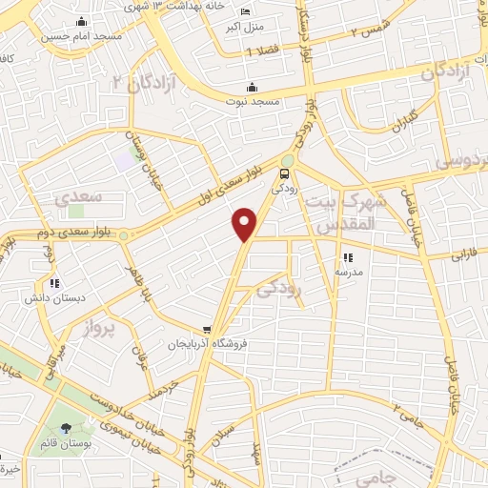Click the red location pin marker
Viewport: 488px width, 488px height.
(246, 223)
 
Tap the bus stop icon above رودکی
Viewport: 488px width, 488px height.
(284, 173)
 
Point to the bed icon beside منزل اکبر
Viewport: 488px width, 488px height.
(247, 11)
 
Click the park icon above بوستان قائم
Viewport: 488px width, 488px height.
(65, 428)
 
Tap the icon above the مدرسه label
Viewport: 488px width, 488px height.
(348, 257)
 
